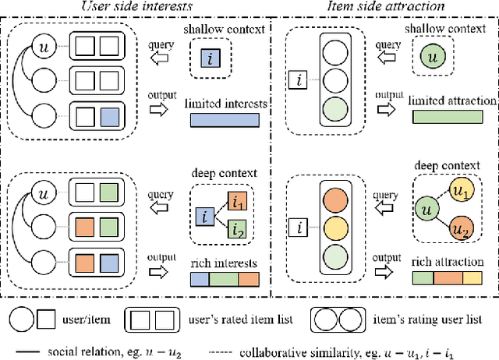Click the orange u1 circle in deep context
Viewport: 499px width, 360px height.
click(463, 191)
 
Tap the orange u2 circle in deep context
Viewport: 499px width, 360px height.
click(463, 231)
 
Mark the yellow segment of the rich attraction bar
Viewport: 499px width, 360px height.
click(473, 278)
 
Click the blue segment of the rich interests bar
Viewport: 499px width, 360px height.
click(200, 278)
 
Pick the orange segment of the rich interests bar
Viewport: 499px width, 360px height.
click(249, 278)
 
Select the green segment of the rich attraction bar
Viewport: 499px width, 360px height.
click(422, 278)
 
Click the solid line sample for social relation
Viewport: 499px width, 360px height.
click(27, 347)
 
